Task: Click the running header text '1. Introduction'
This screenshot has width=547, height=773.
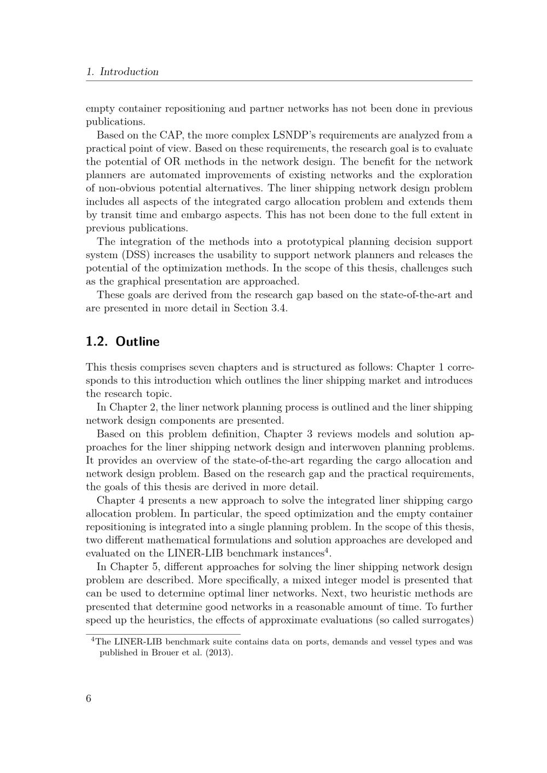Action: click(x=123, y=72)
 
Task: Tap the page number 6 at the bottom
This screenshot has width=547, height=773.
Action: click(x=89, y=699)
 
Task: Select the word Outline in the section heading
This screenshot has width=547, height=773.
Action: click(x=138, y=342)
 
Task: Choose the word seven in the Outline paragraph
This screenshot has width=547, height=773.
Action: click(x=212, y=367)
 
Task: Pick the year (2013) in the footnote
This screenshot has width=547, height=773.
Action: click(x=219, y=653)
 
